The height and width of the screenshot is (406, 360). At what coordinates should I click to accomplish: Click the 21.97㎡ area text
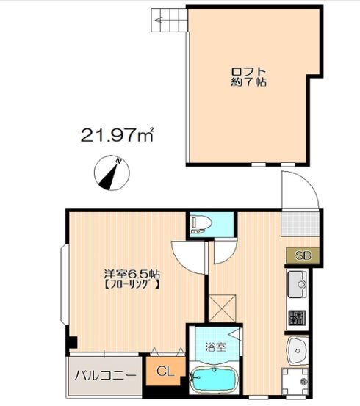coord(117,134)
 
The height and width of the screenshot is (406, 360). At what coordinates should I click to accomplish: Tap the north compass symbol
coord(112,173)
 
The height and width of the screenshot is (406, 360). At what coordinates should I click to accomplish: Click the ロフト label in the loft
coord(249,71)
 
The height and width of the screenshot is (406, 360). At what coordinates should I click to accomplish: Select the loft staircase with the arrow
coord(169,21)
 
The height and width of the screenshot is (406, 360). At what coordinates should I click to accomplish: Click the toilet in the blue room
coord(201,223)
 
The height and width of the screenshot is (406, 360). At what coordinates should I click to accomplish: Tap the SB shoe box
coord(303,255)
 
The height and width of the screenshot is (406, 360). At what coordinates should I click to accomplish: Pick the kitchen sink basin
coord(298,284)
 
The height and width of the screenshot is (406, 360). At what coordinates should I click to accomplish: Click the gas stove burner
coord(298,318)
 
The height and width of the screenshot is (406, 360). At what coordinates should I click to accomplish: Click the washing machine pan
coord(295,380)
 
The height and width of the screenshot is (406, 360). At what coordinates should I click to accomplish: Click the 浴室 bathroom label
coord(216,347)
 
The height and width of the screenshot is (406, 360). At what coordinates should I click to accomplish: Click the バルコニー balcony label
coord(105,375)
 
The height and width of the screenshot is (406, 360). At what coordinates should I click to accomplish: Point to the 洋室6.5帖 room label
coord(132,274)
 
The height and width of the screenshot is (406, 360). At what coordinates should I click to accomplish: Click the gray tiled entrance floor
coord(300,224)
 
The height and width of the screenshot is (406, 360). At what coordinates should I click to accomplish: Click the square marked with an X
coord(223,308)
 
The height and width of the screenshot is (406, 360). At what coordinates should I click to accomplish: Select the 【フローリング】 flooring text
coord(132,285)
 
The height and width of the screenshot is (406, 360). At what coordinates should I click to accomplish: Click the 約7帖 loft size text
coord(249,82)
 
